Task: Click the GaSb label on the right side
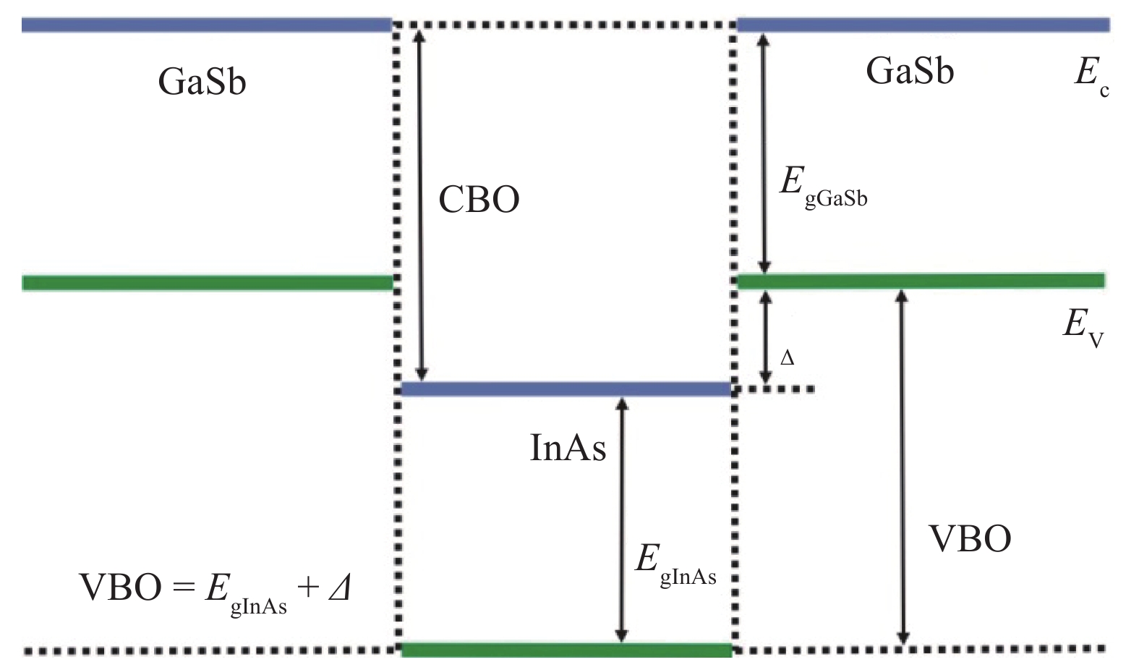point(910,71)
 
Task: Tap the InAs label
point(568,448)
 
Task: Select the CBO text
point(479,199)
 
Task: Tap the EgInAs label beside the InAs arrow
point(675,565)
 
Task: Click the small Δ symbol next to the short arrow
point(787,359)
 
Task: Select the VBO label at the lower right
point(971,539)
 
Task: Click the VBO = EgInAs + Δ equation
point(214,593)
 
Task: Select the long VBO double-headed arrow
point(902,467)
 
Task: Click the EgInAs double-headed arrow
point(621,520)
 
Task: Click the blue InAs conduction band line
point(566,389)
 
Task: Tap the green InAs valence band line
point(566,650)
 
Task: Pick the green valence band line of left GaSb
point(208,283)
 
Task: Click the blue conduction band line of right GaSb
point(923,25)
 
